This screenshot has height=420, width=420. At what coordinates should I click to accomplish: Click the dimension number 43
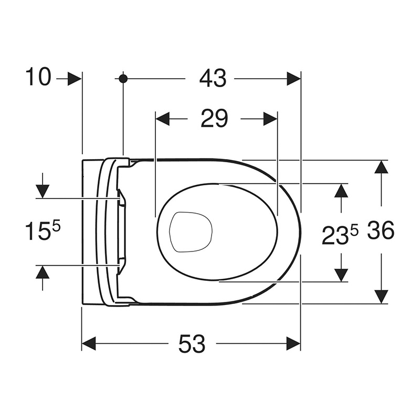tap(213, 78)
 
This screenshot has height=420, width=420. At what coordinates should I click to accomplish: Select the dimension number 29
tap(214, 119)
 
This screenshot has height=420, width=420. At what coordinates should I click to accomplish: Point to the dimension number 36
tap(381, 230)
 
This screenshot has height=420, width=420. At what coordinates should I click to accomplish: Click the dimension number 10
tap(38, 77)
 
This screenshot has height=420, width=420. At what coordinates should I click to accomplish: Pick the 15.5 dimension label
tap(43, 230)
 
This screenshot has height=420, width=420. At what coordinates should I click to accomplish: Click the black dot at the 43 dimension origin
tap(123, 78)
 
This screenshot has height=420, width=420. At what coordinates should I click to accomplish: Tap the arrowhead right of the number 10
tap(74, 78)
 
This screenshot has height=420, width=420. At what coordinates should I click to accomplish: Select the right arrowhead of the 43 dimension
tap(293, 78)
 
